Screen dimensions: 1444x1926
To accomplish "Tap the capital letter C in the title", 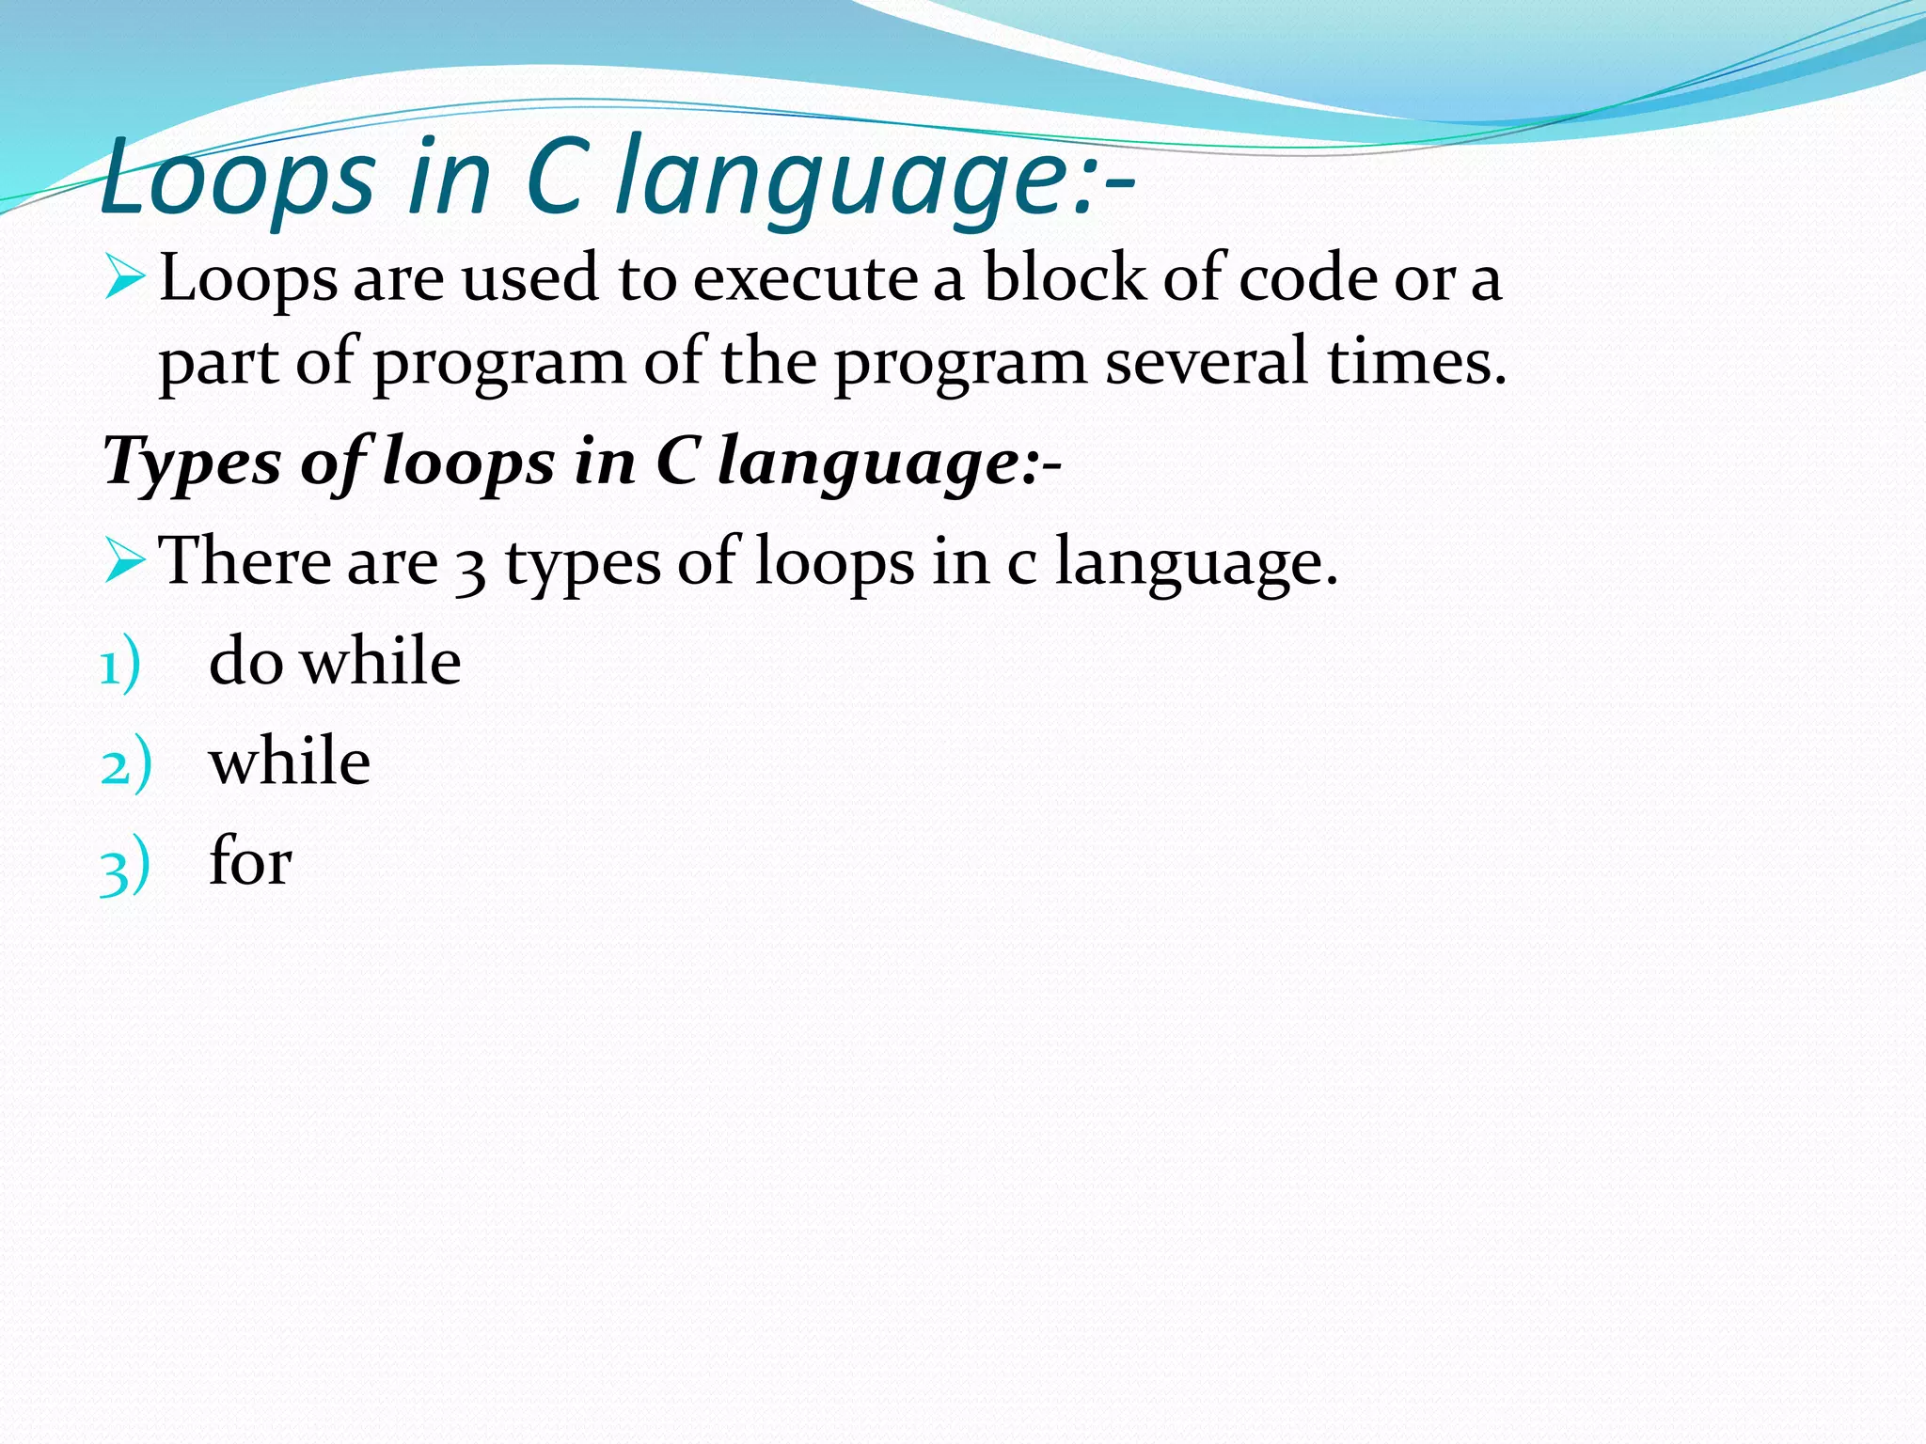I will pyautogui.click(x=557, y=177).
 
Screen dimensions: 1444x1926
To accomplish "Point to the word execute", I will pyautogui.click(x=805, y=279).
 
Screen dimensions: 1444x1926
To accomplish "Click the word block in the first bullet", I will pyautogui.click(x=1064, y=278).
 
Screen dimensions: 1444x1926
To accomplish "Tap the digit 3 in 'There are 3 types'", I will pyautogui.click(x=469, y=570).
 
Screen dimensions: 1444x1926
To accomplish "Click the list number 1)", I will pyautogui.click(x=120, y=666).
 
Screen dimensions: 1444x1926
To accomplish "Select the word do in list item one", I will pyautogui.click(x=245, y=661).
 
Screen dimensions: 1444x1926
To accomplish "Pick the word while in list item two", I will pyautogui.click(x=290, y=761).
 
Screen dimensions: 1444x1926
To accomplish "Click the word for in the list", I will pyautogui.click(x=250, y=860).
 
